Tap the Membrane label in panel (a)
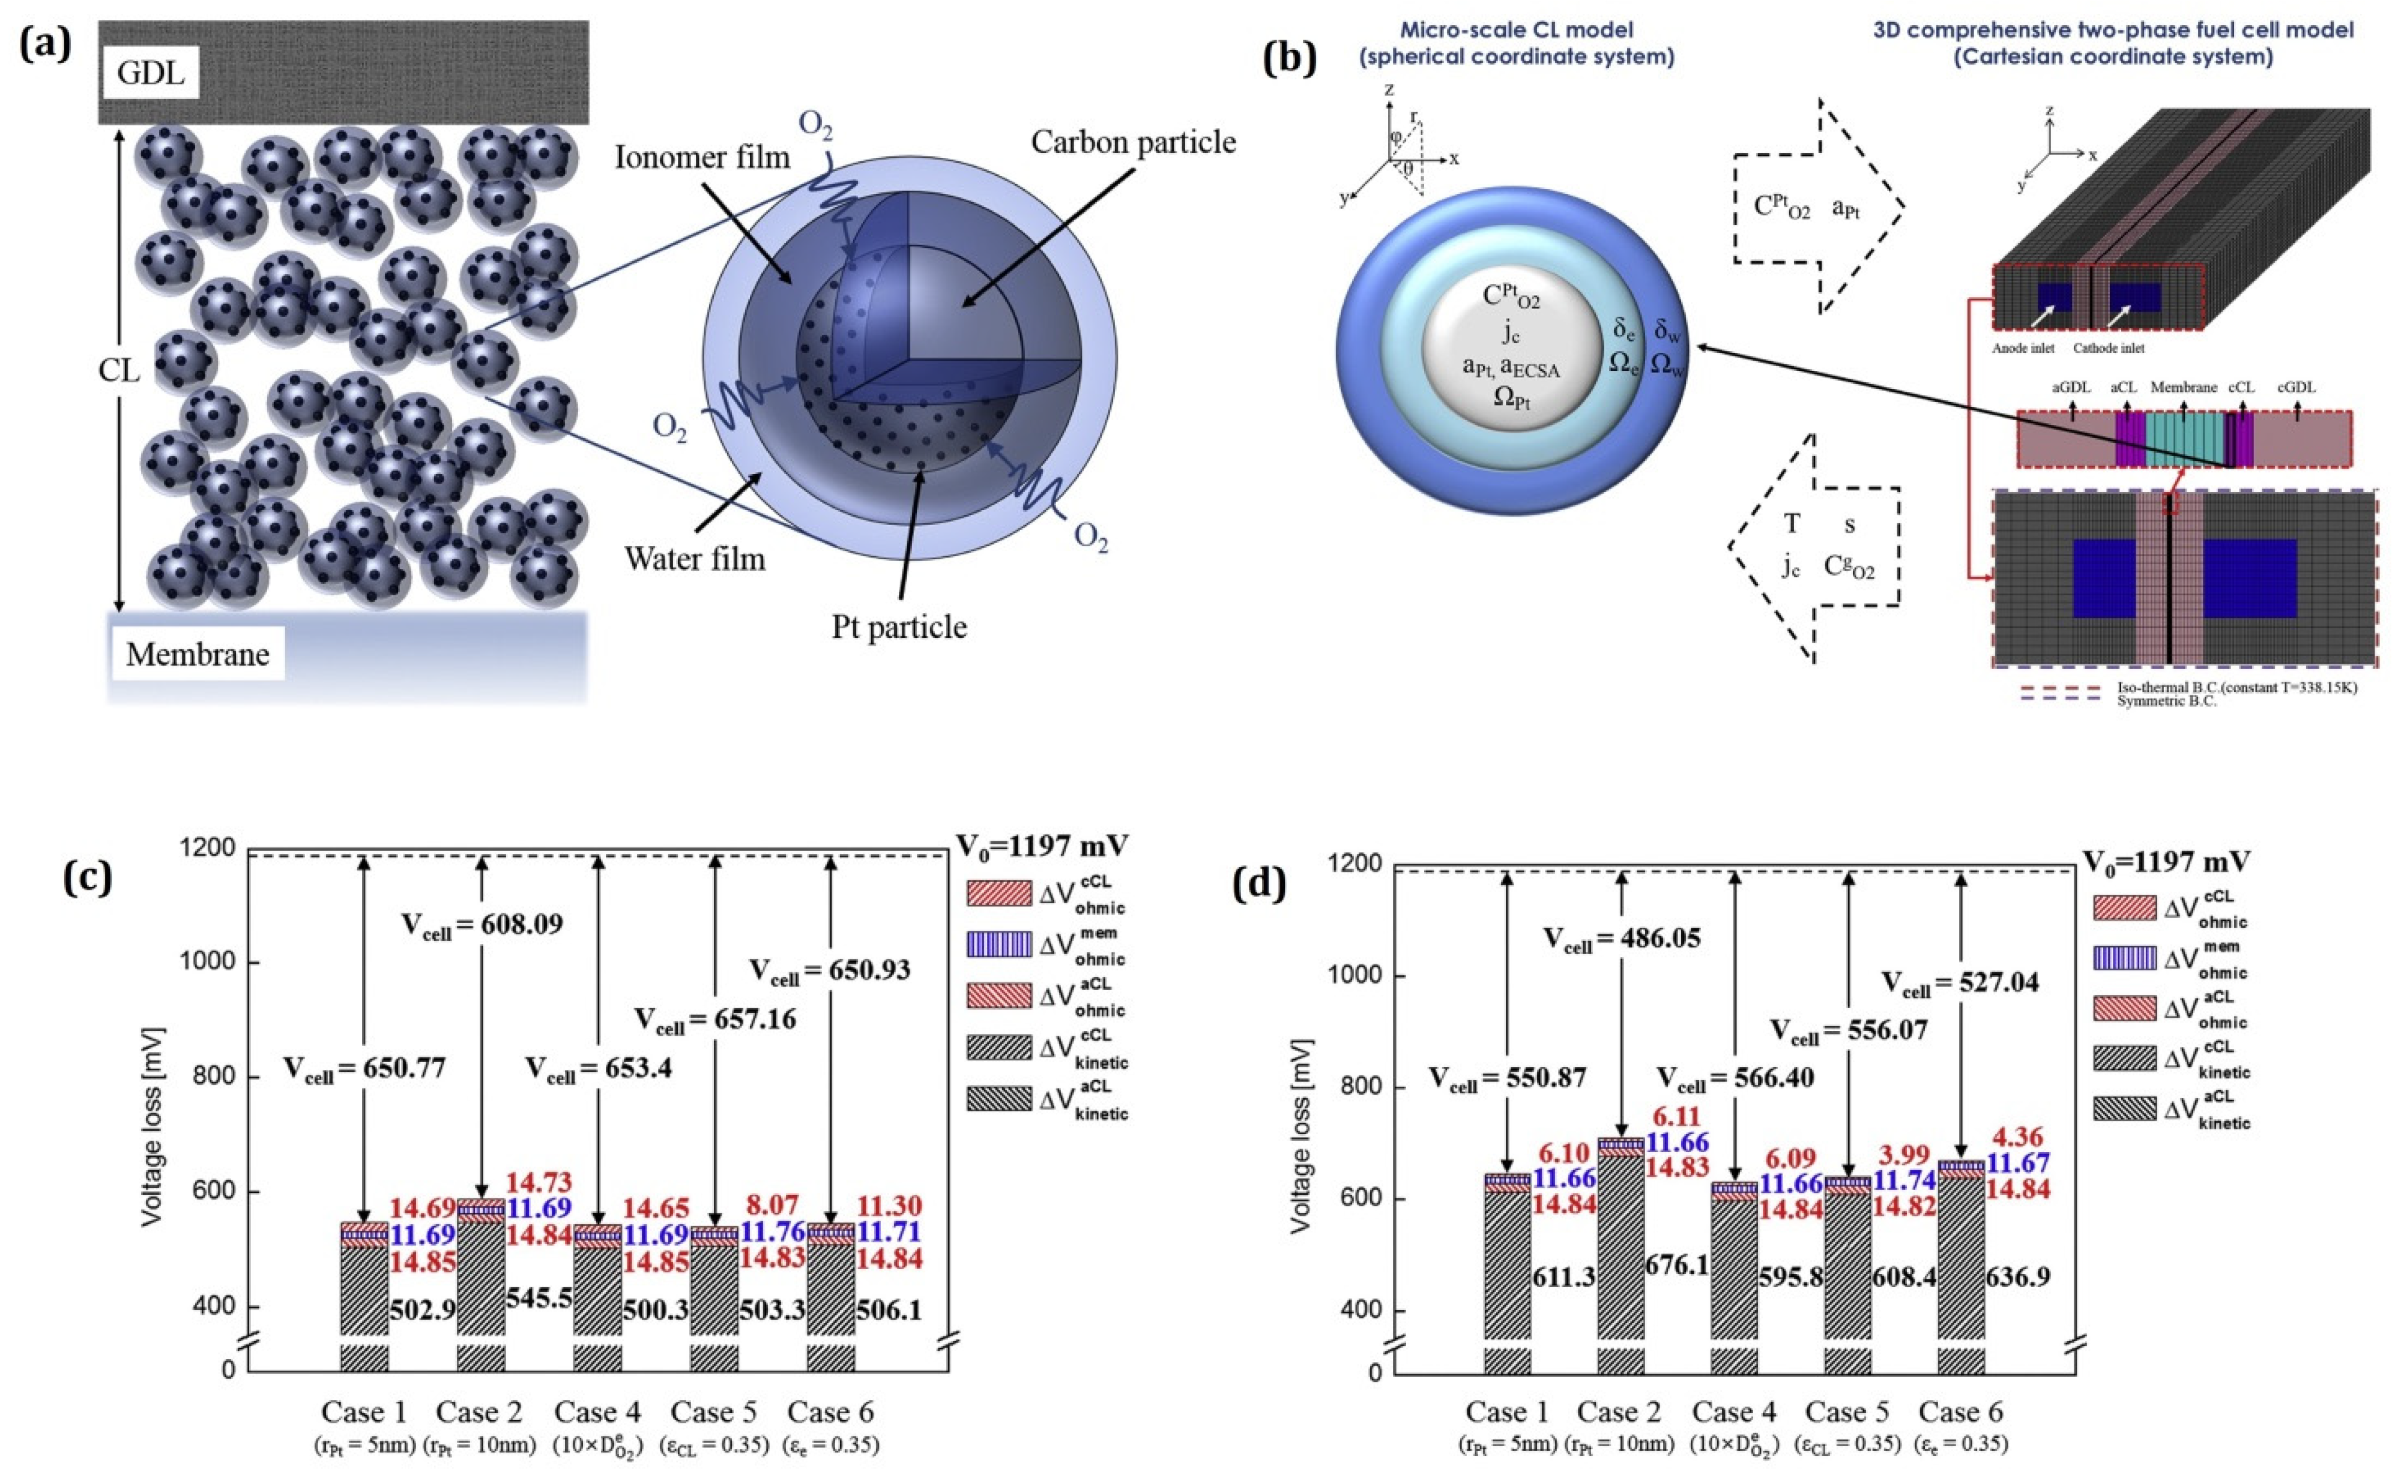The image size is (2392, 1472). pos(197,653)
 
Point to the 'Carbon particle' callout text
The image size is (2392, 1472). pos(1133,143)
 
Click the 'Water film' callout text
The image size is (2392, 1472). pos(695,559)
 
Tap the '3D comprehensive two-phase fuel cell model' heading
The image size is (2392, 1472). pos(2112,30)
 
